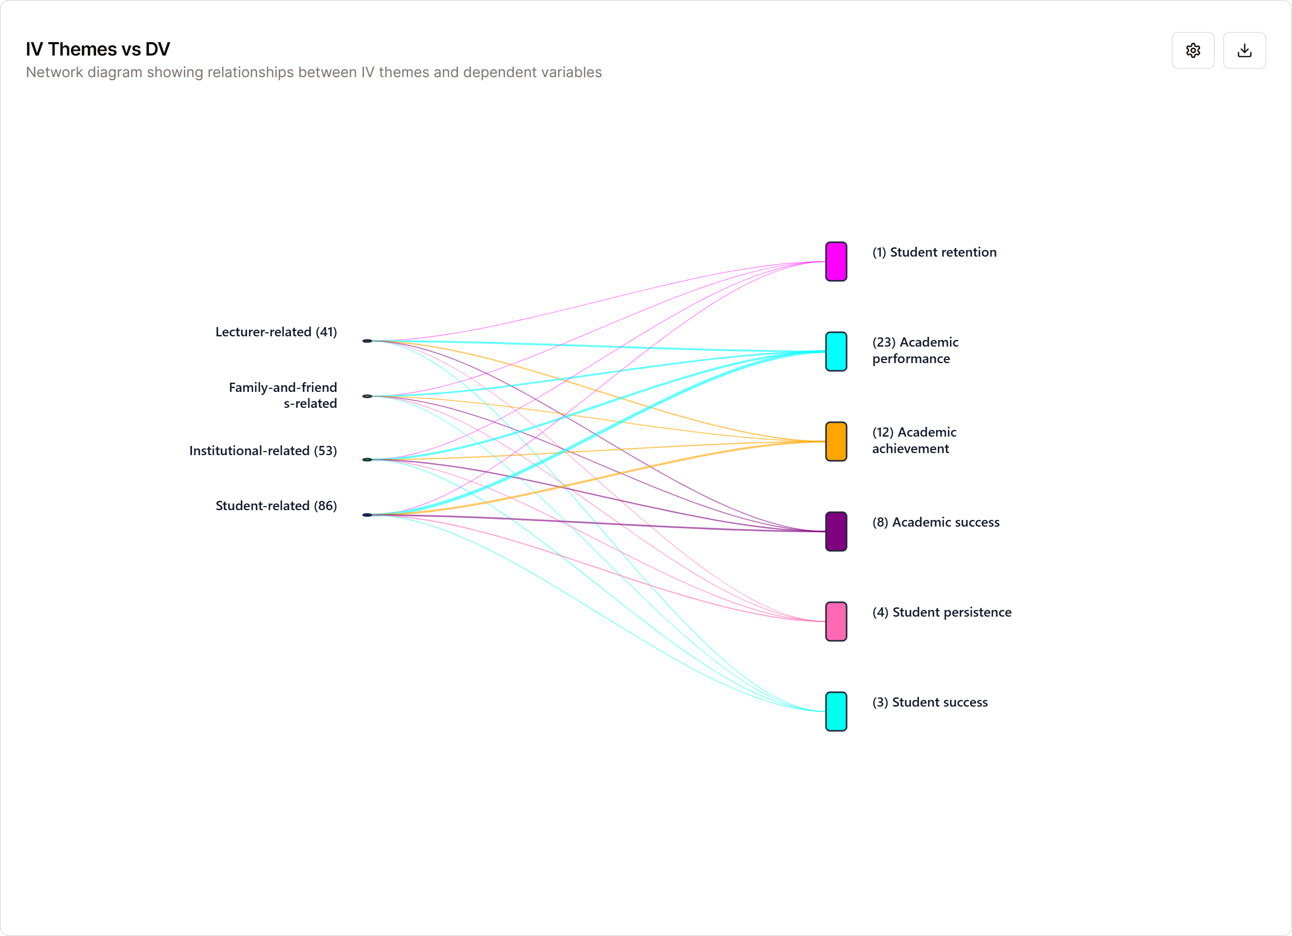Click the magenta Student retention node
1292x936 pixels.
point(836,261)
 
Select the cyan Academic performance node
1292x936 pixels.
point(836,351)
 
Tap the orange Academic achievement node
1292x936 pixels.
point(836,441)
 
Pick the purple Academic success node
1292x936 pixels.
point(836,532)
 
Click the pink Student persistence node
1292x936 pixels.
point(836,622)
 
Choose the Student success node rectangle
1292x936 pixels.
point(836,712)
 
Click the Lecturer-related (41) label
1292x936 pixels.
point(276,332)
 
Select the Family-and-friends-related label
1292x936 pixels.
point(282,395)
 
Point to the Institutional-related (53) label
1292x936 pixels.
point(263,451)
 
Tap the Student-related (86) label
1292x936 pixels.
point(276,506)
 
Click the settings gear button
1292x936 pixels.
point(1193,51)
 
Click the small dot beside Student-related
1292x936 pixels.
point(367,515)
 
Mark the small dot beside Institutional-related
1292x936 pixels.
point(367,460)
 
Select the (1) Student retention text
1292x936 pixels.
point(934,253)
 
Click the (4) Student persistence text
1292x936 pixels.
point(942,613)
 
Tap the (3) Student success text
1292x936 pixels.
point(930,703)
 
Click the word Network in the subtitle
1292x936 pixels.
point(55,73)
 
